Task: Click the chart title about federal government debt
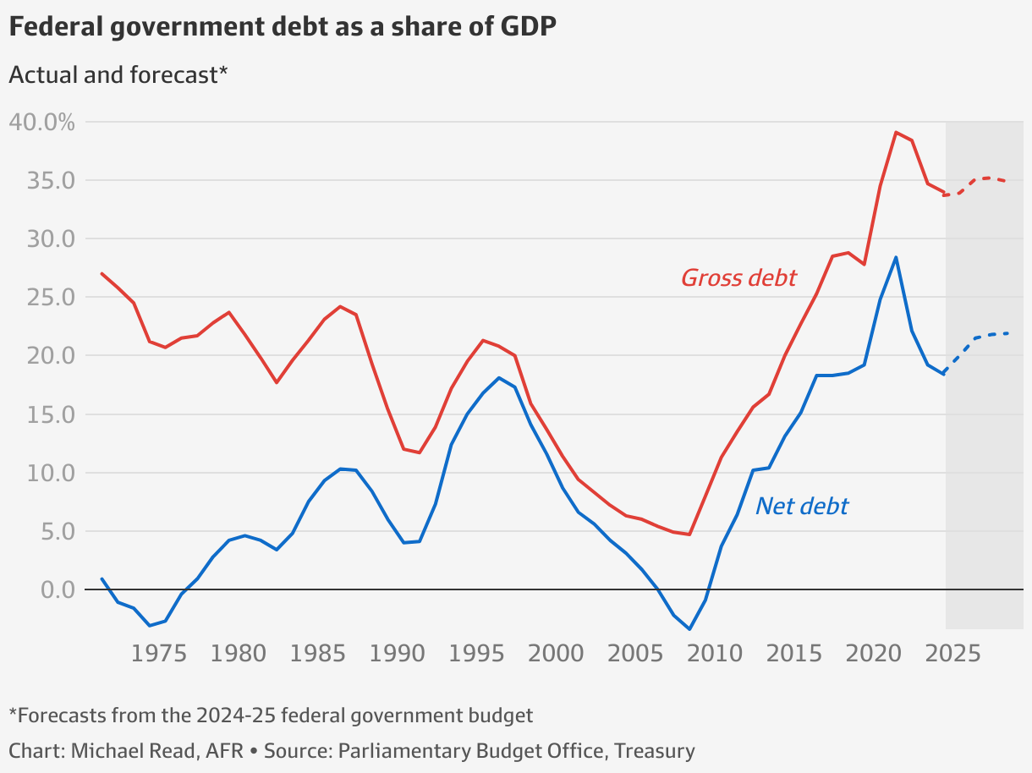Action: click(x=283, y=27)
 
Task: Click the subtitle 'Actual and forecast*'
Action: click(x=118, y=74)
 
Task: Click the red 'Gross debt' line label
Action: click(x=738, y=277)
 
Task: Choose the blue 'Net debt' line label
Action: click(x=801, y=506)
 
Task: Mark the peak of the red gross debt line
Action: click(x=896, y=132)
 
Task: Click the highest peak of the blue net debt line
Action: click(x=896, y=257)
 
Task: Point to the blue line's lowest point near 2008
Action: click(x=689, y=628)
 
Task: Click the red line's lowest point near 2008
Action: click(x=689, y=534)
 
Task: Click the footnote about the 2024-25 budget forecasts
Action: click(x=271, y=715)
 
